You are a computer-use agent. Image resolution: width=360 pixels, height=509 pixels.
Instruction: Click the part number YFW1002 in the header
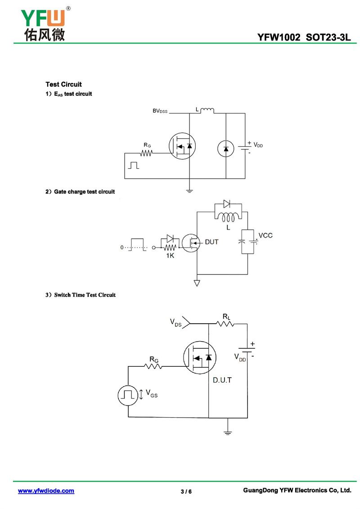click(279, 37)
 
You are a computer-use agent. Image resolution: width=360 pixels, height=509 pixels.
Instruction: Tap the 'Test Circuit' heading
click(63, 85)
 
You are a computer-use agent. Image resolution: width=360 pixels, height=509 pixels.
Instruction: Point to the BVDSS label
click(160, 111)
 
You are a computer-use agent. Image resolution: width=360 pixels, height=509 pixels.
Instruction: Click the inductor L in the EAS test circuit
click(207, 111)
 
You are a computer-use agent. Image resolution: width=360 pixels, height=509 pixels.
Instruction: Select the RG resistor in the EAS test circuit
click(147, 153)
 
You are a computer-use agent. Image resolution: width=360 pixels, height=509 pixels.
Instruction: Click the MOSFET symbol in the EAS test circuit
click(182, 146)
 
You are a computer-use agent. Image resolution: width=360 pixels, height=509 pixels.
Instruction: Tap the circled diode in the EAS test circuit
click(225, 149)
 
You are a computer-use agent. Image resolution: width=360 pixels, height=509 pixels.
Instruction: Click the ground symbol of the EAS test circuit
click(189, 191)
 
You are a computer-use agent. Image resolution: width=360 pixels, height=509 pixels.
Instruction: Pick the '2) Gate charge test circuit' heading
click(80, 192)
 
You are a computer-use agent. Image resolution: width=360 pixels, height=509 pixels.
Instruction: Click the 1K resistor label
click(170, 256)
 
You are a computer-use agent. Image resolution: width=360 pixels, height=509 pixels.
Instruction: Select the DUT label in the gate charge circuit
click(211, 242)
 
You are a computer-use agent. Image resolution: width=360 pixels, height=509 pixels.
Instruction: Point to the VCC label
click(265, 235)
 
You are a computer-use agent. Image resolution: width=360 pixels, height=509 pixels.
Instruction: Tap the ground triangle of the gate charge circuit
click(197, 284)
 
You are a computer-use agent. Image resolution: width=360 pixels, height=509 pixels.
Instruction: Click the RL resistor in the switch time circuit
click(225, 324)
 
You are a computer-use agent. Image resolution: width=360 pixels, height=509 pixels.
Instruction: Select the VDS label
click(175, 322)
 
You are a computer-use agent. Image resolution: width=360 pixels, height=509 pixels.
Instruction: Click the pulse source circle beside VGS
click(128, 395)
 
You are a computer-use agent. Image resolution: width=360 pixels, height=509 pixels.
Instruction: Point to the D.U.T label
click(222, 380)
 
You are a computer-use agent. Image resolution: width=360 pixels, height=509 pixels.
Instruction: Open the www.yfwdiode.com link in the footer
click(46, 491)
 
